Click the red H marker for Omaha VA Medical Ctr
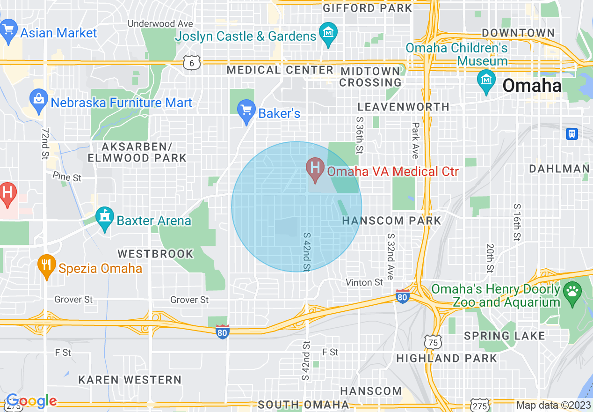(315, 167)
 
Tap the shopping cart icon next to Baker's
(246, 110)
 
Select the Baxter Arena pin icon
(105, 218)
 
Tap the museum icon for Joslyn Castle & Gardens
(328, 33)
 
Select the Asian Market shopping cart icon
(8, 30)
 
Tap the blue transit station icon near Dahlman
(571, 134)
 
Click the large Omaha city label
(531, 86)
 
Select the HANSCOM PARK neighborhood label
(391, 221)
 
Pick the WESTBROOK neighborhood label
(155, 254)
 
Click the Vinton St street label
(364, 282)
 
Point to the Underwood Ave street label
(160, 23)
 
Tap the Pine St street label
(67, 177)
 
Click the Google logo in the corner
(31, 401)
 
